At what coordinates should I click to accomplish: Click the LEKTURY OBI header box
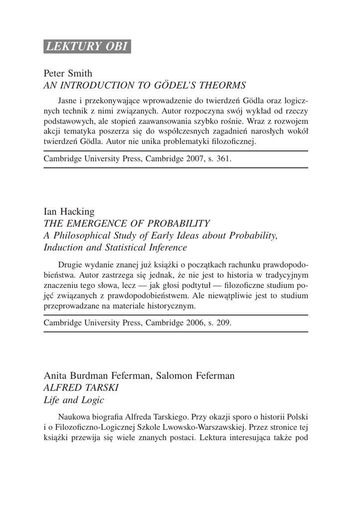click(87, 46)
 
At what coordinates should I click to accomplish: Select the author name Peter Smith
click(68, 74)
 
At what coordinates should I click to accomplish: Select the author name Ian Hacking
click(69, 212)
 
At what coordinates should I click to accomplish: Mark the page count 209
click(224, 322)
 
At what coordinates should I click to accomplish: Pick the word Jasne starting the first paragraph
click(68, 100)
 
